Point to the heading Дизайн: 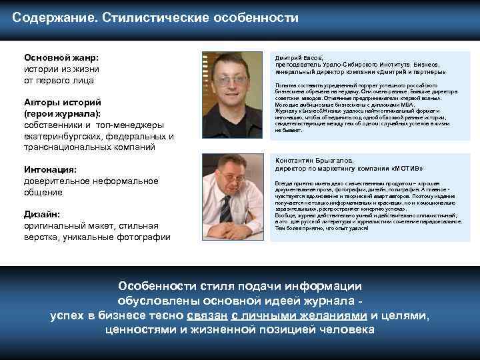tap(42, 214)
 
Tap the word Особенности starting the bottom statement tap(155, 286)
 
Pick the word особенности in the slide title tap(256, 17)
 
